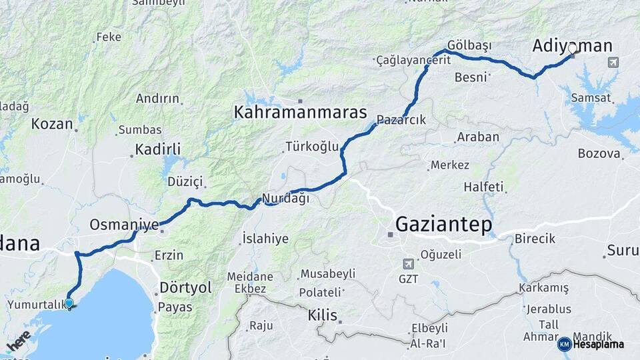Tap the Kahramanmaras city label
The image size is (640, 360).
(x=300, y=112)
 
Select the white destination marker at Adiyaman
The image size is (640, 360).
(x=572, y=49)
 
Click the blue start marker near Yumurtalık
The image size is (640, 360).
(x=69, y=304)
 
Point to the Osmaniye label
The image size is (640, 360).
(x=124, y=224)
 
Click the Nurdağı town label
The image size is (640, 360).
(x=286, y=198)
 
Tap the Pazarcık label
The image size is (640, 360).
(x=401, y=120)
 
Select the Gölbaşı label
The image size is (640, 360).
(x=469, y=45)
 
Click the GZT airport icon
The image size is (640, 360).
(x=408, y=264)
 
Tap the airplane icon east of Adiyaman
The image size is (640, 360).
(x=613, y=62)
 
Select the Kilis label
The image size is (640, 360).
(x=322, y=315)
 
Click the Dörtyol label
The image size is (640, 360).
(x=185, y=287)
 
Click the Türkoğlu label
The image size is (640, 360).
(x=312, y=146)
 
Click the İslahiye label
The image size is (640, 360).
(x=265, y=238)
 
